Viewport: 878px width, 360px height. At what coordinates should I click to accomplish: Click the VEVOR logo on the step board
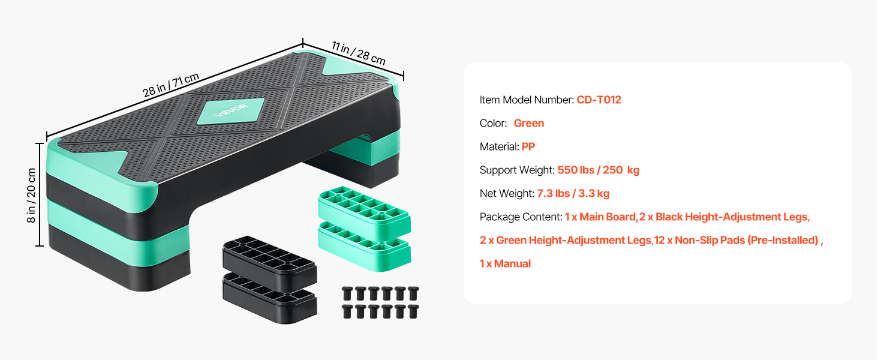tap(231, 110)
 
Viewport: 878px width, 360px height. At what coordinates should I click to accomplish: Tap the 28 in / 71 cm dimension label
tap(171, 85)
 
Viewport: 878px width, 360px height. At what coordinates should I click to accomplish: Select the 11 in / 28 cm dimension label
tap(359, 53)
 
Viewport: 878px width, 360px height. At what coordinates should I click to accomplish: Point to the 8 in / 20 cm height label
tap(31, 195)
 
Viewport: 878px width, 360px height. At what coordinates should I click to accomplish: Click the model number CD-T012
tap(599, 100)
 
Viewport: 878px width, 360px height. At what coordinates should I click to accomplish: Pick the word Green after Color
tap(529, 123)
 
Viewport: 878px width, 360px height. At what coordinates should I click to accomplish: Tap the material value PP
tap(528, 146)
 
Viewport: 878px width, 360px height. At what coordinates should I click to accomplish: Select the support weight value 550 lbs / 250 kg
tap(599, 170)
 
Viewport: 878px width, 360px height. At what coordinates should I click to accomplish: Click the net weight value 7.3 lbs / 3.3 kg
tap(573, 193)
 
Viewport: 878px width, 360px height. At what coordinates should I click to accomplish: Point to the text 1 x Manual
tap(505, 263)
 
